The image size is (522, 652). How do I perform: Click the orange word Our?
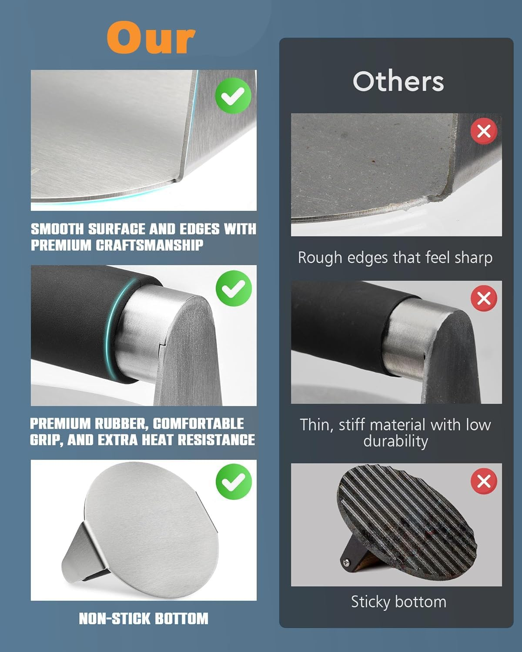click(151, 37)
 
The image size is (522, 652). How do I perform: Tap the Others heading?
click(398, 81)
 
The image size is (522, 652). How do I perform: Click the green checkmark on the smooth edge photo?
click(233, 96)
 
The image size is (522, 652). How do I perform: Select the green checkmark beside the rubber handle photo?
click(234, 289)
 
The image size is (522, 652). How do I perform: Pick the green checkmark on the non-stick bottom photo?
click(234, 482)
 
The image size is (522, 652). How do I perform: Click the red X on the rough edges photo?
click(484, 132)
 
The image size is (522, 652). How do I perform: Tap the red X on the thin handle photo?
click(484, 298)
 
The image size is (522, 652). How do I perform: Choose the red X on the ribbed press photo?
click(484, 481)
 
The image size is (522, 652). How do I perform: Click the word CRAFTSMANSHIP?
click(150, 245)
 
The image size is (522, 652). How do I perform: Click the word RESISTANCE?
click(216, 440)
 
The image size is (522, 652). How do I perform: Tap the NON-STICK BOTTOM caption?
click(144, 619)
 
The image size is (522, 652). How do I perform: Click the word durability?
click(395, 441)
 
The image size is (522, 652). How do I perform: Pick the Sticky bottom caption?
click(398, 602)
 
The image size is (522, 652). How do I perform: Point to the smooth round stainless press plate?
click(152, 529)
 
